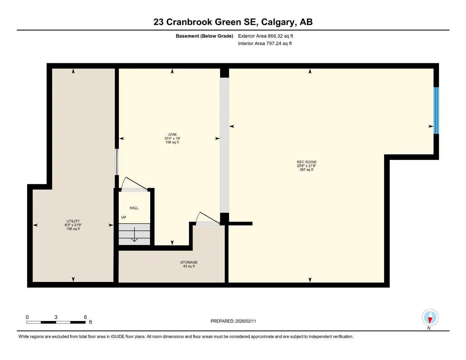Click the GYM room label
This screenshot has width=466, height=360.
pyautogui.click(x=172, y=135)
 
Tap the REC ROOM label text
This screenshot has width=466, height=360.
pyautogui.click(x=306, y=162)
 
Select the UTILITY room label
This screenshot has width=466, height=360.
pyautogui.click(x=73, y=221)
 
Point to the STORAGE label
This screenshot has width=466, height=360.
pyautogui.click(x=189, y=262)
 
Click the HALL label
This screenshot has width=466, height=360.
pyautogui.click(x=134, y=208)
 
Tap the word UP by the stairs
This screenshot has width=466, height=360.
pyautogui.click(x=123, y=217)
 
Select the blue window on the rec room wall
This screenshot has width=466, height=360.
pyautogui.click(x=436, y=110)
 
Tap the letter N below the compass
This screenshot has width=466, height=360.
pyautogui.click(x=429, y=328)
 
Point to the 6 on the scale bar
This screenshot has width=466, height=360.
pyautogui.click(x=85, y=317)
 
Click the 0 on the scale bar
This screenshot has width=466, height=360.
pyautogui.click(x=27, y=317)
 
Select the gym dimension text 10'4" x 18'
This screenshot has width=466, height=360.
pyautogui.click(x=172, y=139)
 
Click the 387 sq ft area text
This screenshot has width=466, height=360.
pyautogui.click(x=306, y=169)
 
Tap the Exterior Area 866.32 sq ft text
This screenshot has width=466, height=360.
pyautogui.click(x=266, y=36)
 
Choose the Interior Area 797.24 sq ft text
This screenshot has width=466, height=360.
pyautogui.click(x=265, y=44)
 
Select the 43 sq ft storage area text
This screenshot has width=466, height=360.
pyautogui.click(x=189, y=266)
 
